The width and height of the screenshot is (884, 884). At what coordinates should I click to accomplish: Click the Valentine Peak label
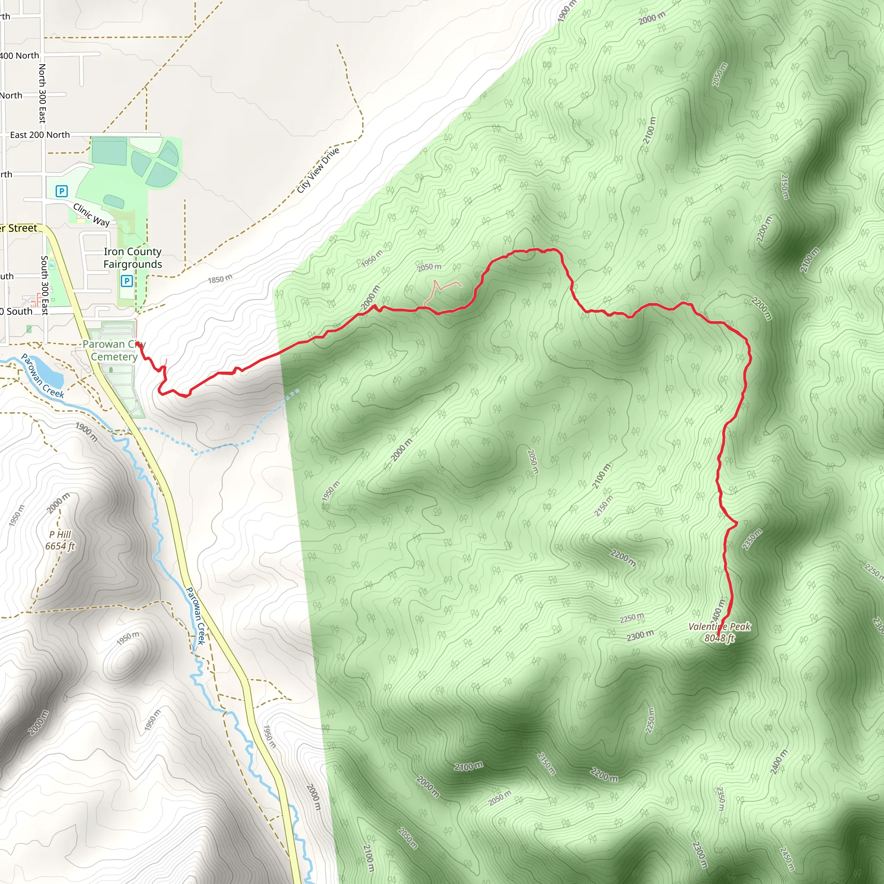[719, 626]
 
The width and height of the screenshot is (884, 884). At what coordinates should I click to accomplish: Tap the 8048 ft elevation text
[719, 638]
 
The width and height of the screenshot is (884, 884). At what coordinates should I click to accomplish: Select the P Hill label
[60, 534]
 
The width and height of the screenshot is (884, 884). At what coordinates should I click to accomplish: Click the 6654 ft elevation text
[60, 546]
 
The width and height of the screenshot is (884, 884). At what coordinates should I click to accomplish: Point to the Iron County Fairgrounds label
[133, 258]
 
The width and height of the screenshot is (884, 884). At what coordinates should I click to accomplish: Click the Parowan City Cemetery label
[114, 350]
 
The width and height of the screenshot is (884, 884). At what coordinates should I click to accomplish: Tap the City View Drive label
[318, 170]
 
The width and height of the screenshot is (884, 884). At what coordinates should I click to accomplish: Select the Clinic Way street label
[92, 215]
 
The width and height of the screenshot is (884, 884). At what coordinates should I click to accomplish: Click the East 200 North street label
[40, 135]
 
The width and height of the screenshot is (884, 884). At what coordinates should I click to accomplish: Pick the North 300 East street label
[42, 93]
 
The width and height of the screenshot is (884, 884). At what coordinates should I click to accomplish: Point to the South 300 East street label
[44, 285]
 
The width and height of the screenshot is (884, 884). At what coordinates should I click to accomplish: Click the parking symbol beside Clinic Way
[61, 191]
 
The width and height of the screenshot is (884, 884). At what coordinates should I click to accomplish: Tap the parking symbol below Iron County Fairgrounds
[127, 281]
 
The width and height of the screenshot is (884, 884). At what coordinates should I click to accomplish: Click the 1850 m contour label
[220, 279]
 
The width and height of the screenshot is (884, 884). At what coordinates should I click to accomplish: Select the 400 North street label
[19, 55]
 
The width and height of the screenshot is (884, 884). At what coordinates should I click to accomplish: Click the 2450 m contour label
[787, 859]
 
